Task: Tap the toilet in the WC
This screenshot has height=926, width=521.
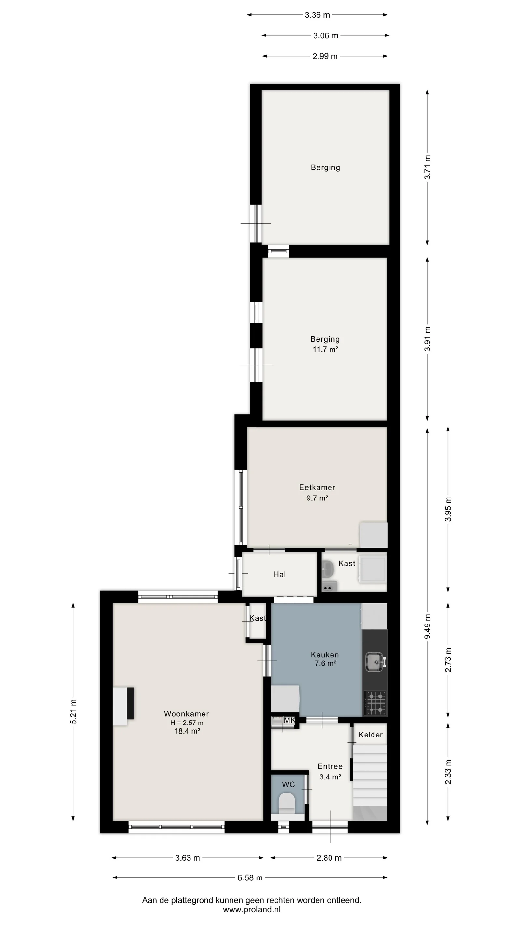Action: point(287,804)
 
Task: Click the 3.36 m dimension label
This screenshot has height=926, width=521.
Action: point(317,15)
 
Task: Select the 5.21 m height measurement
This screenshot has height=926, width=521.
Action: point(73,712)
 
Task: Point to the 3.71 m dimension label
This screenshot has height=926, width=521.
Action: point(427,167)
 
